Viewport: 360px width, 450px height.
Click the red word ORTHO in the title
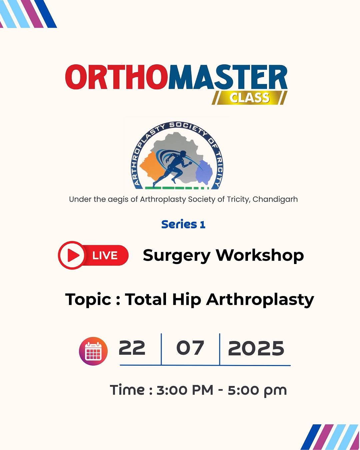(117, 77)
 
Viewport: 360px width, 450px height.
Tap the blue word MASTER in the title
(228, 77)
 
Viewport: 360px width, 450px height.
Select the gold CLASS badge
(249, 98)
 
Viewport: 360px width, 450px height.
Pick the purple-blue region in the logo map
(204, 172)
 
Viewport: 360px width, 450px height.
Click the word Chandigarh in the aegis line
(275, 199)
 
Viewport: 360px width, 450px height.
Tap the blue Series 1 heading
(183, 224)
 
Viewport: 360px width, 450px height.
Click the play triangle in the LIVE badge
(73, 255)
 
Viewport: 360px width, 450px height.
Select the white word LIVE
(105, 256)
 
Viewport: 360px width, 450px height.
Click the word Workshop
(260, 256)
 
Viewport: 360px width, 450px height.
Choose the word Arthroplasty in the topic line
(260, 300)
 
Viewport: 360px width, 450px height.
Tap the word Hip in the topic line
(187, 300)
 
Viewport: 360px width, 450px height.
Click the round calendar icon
(93, 351)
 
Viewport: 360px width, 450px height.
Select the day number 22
(132, 348)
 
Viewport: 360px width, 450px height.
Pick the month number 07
(190, 348)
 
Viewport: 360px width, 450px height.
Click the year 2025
(256, 349)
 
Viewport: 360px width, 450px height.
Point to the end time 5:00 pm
(257, 390)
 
